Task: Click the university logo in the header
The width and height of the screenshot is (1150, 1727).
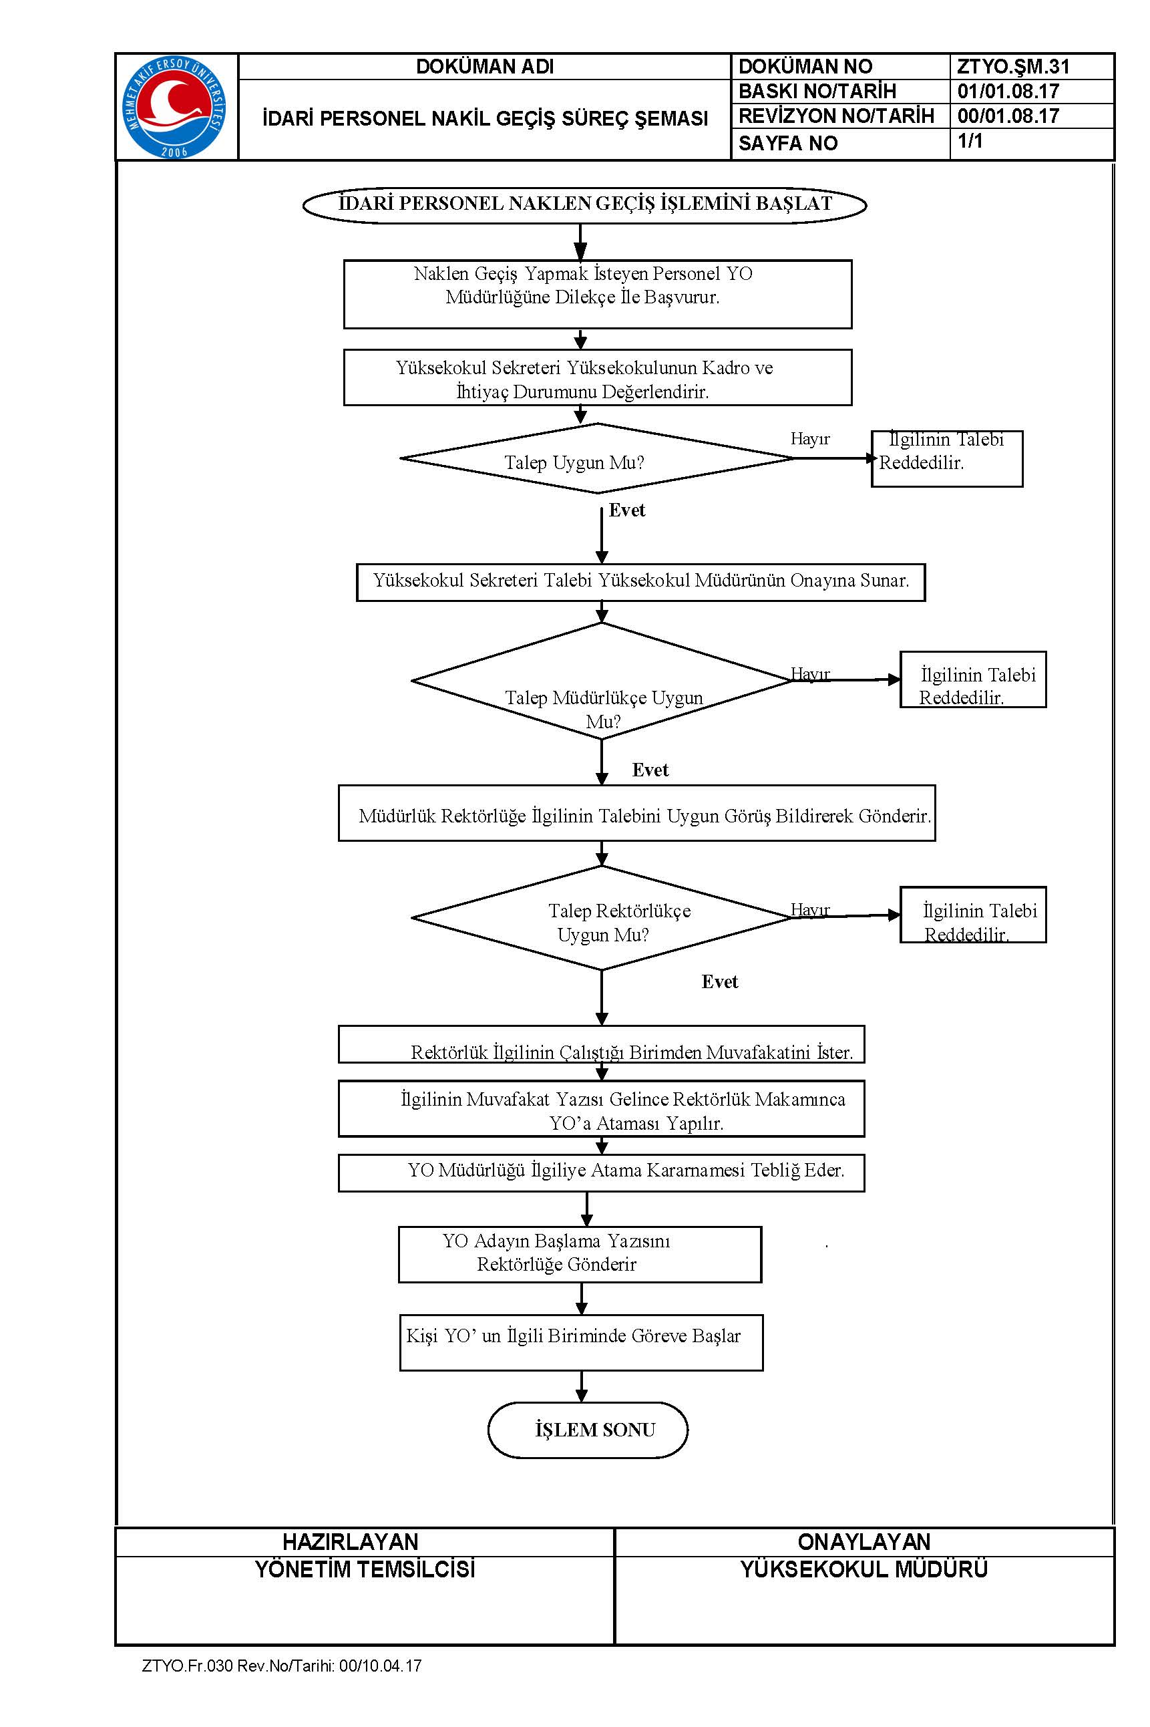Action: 174,107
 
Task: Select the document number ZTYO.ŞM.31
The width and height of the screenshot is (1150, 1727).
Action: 1013,67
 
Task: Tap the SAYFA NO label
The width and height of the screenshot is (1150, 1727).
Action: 787,143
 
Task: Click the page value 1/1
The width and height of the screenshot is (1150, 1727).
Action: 970,140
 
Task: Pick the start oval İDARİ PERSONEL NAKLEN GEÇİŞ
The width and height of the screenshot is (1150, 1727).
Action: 584,204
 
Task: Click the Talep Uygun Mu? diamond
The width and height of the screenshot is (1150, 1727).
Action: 597,458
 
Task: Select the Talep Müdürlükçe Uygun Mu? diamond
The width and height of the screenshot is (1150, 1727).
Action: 602,681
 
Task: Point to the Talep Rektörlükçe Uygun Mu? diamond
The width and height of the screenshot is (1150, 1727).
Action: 602,918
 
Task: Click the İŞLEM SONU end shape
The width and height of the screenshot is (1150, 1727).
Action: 588,1430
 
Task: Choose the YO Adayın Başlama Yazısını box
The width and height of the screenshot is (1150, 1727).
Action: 580,1255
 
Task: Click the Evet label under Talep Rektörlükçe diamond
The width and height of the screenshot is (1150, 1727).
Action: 719,982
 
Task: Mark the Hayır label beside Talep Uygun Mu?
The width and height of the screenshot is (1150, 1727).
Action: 809,439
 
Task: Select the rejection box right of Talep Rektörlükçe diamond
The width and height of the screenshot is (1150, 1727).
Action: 973,915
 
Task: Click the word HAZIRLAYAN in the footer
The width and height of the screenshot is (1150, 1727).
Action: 351,1541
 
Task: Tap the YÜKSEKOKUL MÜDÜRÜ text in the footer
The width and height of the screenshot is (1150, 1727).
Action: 864,1569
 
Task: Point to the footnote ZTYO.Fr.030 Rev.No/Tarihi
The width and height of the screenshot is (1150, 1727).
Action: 282,1666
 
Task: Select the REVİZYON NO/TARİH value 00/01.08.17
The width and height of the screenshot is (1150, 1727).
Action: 1008,116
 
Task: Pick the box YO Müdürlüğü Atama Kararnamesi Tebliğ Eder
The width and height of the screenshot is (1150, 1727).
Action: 602,1173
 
